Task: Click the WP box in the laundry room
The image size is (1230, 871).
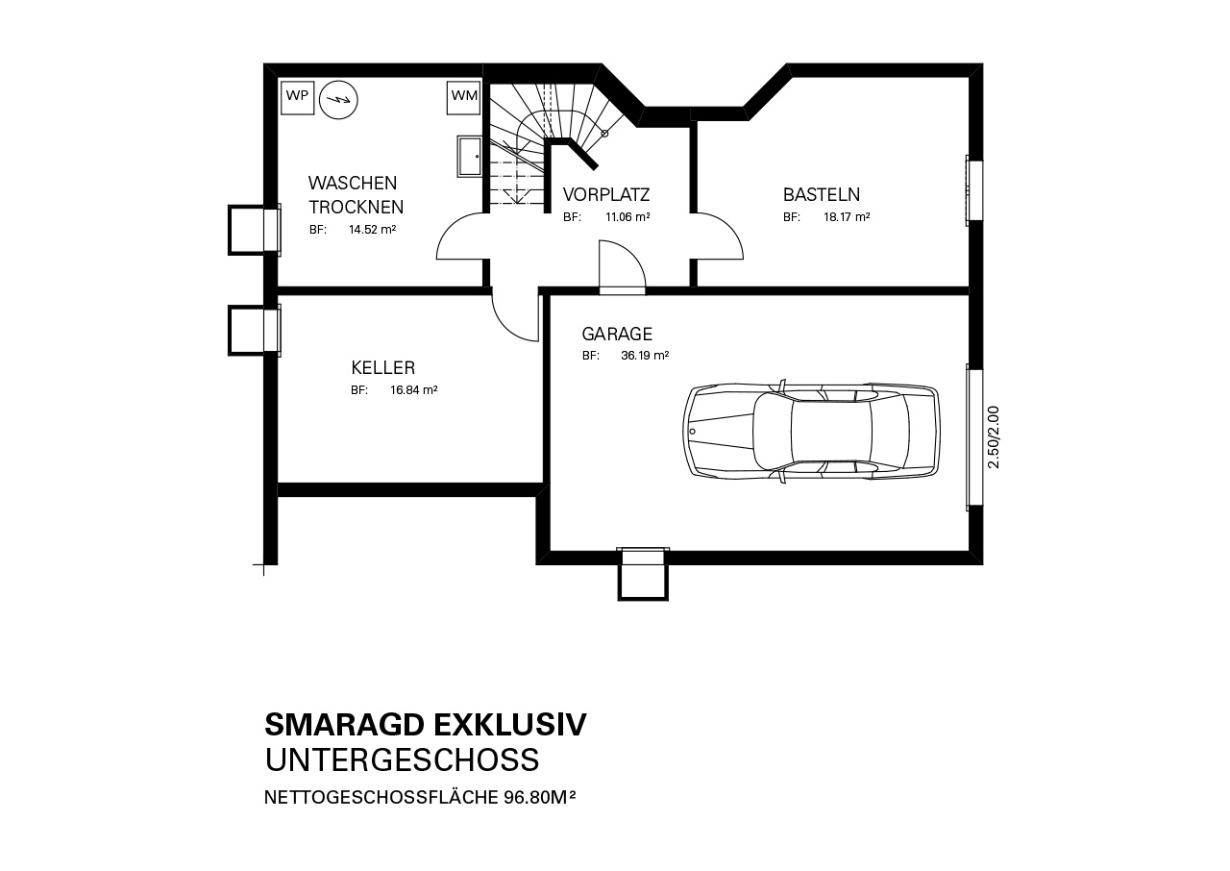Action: click(x=297, y=98)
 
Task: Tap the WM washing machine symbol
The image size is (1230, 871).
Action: click(x=464, y=98)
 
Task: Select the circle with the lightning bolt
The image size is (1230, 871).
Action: click(x=339, y=100)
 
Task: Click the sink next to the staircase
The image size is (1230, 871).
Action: click(x=470, y=157)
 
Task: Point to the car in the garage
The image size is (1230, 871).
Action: click(x=812, y=431)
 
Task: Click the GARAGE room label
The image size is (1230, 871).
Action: click(x=617, y=334)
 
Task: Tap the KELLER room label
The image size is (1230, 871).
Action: click(x=383, y=367)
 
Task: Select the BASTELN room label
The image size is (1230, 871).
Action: click(x=822, y=194)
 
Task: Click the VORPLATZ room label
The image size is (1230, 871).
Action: click(x=606, y=194)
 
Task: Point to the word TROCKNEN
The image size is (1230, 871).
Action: click(x=356, y=207)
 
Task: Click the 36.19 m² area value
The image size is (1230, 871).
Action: click(x=645, y=356)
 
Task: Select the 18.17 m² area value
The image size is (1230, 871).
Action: click(x=847, y=217)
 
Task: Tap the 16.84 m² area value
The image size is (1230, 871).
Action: click(x=413, y=390)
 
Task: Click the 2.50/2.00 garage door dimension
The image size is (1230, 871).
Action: click(x=994, y=437)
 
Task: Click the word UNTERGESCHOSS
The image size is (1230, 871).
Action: click(x=402, y=760)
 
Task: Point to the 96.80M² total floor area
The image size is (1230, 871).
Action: click(x=540, y=797)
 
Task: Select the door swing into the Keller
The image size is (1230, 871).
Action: click(x=514, y=318)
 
